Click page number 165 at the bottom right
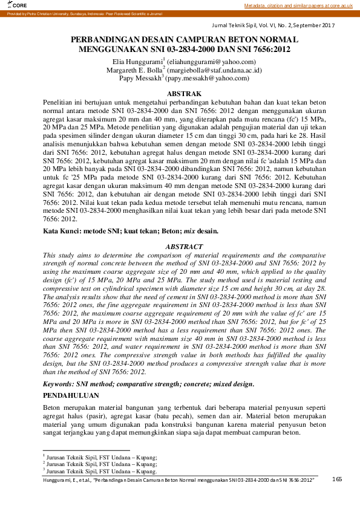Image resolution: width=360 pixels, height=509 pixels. click(x=337, y=479)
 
